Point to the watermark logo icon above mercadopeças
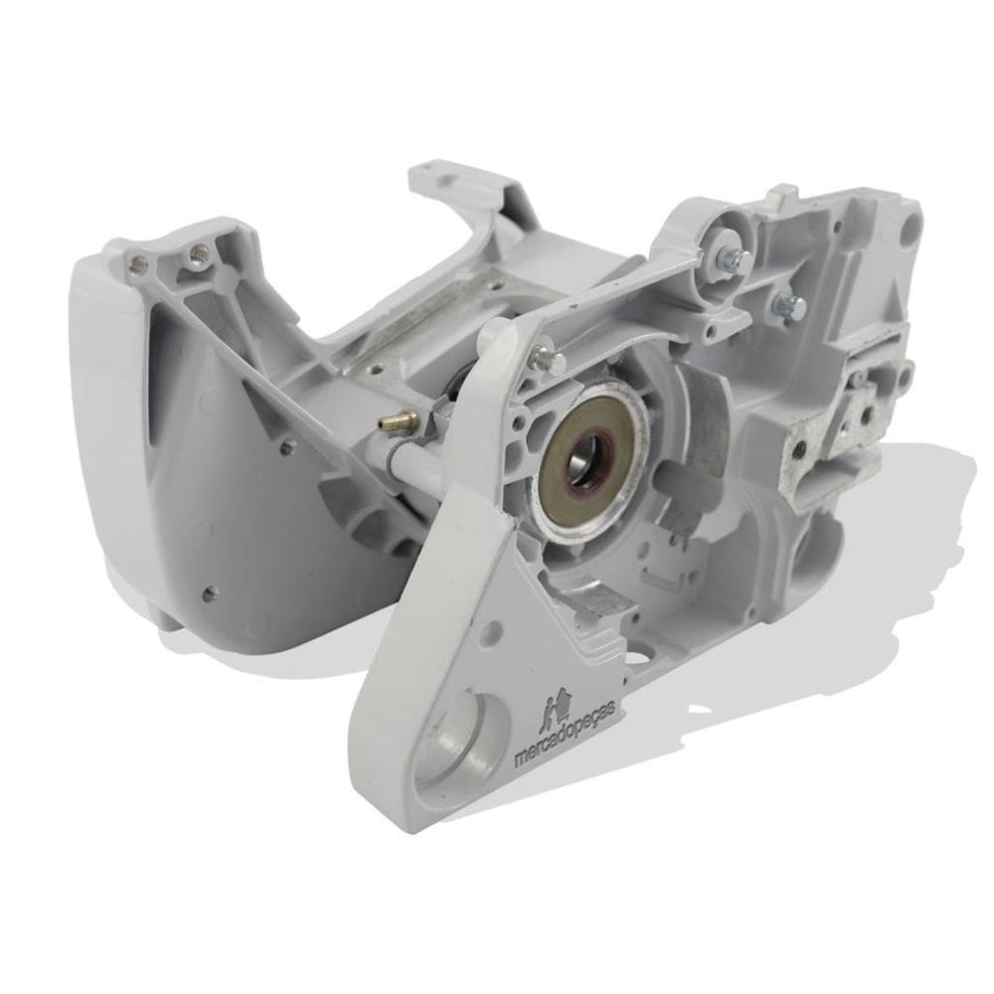point(559,710)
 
